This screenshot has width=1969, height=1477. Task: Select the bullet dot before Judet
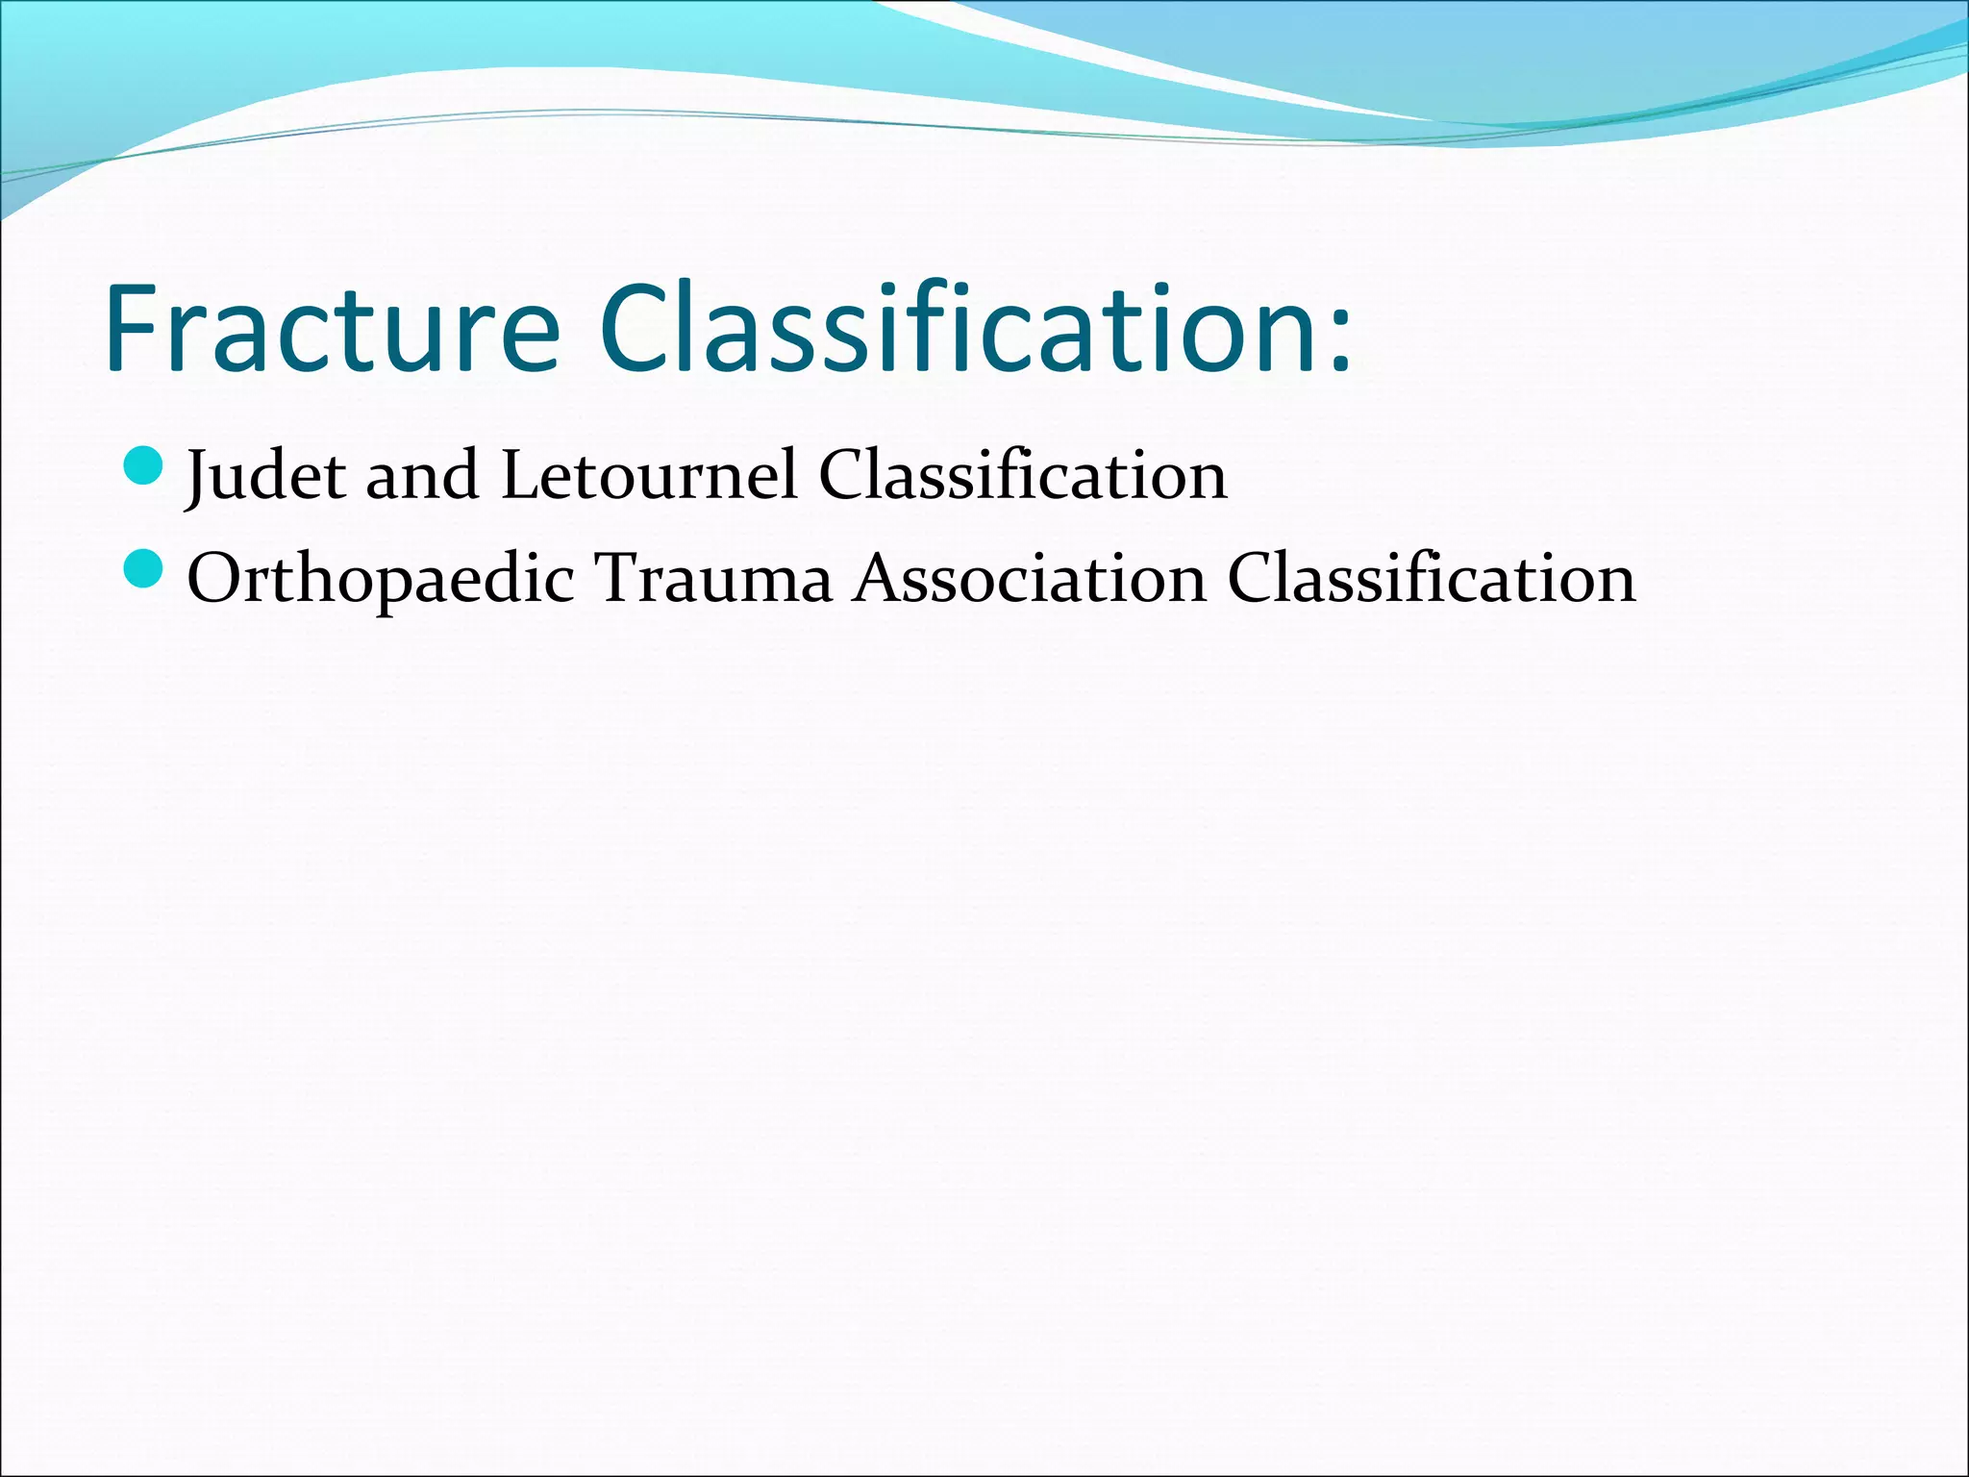pyautogui.click(x=145, y=465)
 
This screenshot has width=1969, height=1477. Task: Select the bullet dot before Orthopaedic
pyautogui.click(x=145, y=569)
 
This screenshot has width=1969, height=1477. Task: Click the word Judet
pyautogui.click(x=265, y=475)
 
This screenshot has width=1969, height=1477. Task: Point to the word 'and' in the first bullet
pyautogui.click(x=422, y=475)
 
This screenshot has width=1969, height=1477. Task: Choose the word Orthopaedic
pyautogui.click(x=381, y=579)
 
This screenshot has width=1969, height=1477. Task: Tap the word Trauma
pyautogui.click(x=712, y=579)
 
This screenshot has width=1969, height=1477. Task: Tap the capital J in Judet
pyautogui.click(x=198, y=477)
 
